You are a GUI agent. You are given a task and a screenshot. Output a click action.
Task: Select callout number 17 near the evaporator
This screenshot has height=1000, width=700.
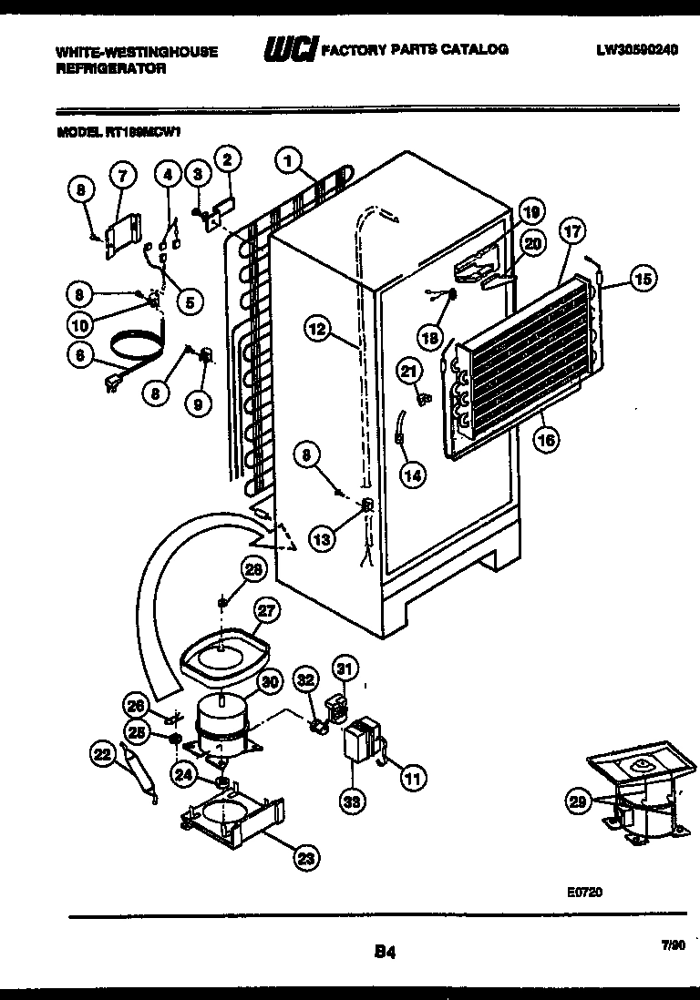pos(571,231)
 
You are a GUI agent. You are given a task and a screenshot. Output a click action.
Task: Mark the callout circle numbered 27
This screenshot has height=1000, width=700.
pos(267,612)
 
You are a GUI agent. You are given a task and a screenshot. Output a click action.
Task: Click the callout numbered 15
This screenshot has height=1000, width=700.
pos(643,280)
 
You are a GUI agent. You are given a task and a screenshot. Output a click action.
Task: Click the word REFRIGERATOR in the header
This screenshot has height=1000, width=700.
pos(111,68)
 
